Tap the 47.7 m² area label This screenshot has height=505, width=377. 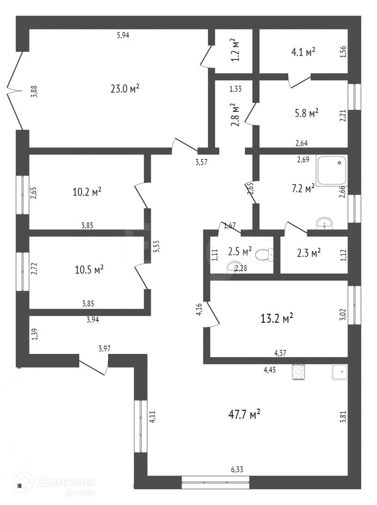pyautogui.click(x=244, y=414)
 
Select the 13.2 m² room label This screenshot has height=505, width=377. pyautogui.click(x=277, y=318)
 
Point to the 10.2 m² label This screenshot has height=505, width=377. pyautogui.click(x=87, y=192)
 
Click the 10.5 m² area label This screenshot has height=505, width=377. pyautogui.click(x=89, y=270)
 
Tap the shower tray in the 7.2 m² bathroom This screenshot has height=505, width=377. pyautogui.click(x=332, y=170)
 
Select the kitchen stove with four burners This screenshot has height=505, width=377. pyautogui.click(x=299, y=371)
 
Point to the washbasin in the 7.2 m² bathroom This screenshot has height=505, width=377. pyautogui.click(x=324, y=224)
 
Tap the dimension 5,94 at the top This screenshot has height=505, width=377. pyautogui.click(x=123, y=35)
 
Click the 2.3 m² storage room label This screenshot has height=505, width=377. pyautogui.click(x=309, y=253)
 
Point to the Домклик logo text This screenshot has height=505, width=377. pyautogui.click(x=66, y=482)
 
